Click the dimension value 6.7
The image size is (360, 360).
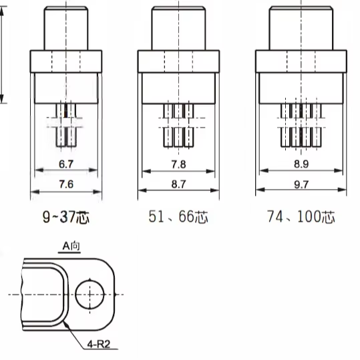pyautogui.click(x=66, y=164)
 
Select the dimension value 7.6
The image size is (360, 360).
pyautogui.click(x=66, y=184)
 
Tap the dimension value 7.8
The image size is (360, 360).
pyautogui.click(x=178, y=164)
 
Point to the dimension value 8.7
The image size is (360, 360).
pyautogui.click(x=178, y=184)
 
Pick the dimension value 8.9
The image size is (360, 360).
pyautogui.click(x=301, y=164)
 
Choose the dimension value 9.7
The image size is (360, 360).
pyautogui.click(x=301, y=184)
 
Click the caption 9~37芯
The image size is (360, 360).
pyautogui.click(x=66, y=216)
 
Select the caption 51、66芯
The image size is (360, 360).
pyautogui.click(x=178, y=216)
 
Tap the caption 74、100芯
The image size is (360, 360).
pyautogui.click(x=301, y=216)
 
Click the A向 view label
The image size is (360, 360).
pyautogui.click(x=71, y=246)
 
